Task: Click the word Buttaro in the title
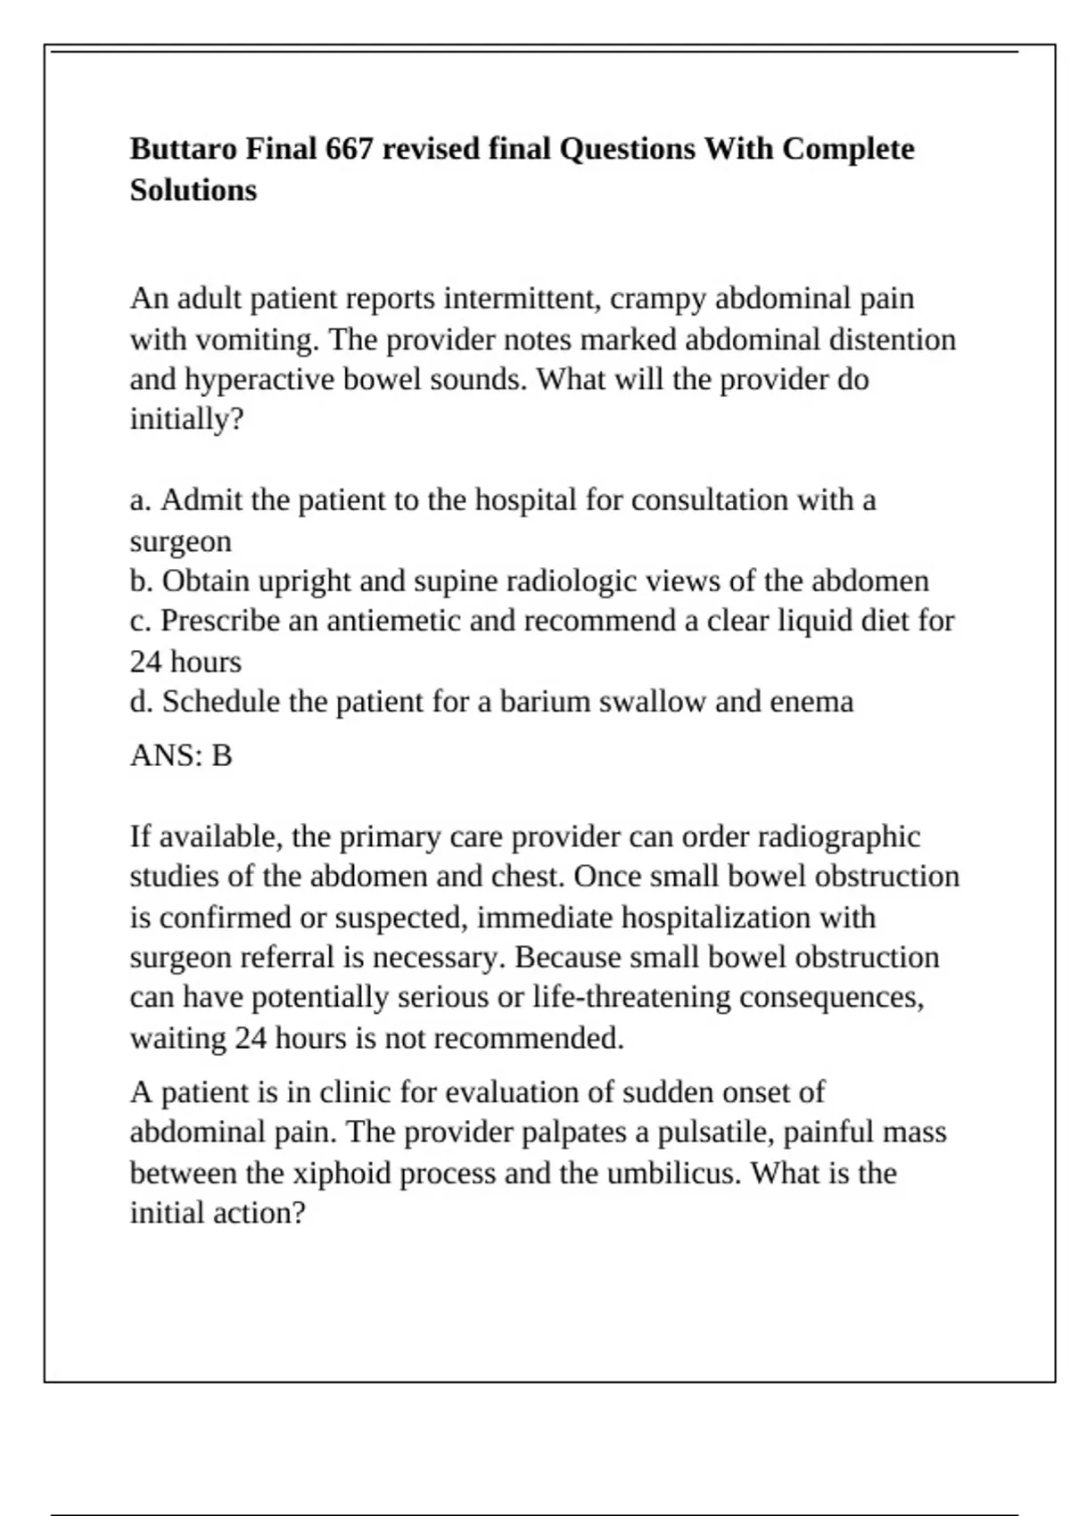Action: point(184,148)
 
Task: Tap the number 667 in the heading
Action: point(349,148)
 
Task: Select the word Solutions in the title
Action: point(193,190)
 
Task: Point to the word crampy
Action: point(659,298)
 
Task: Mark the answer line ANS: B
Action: point(181,755)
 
